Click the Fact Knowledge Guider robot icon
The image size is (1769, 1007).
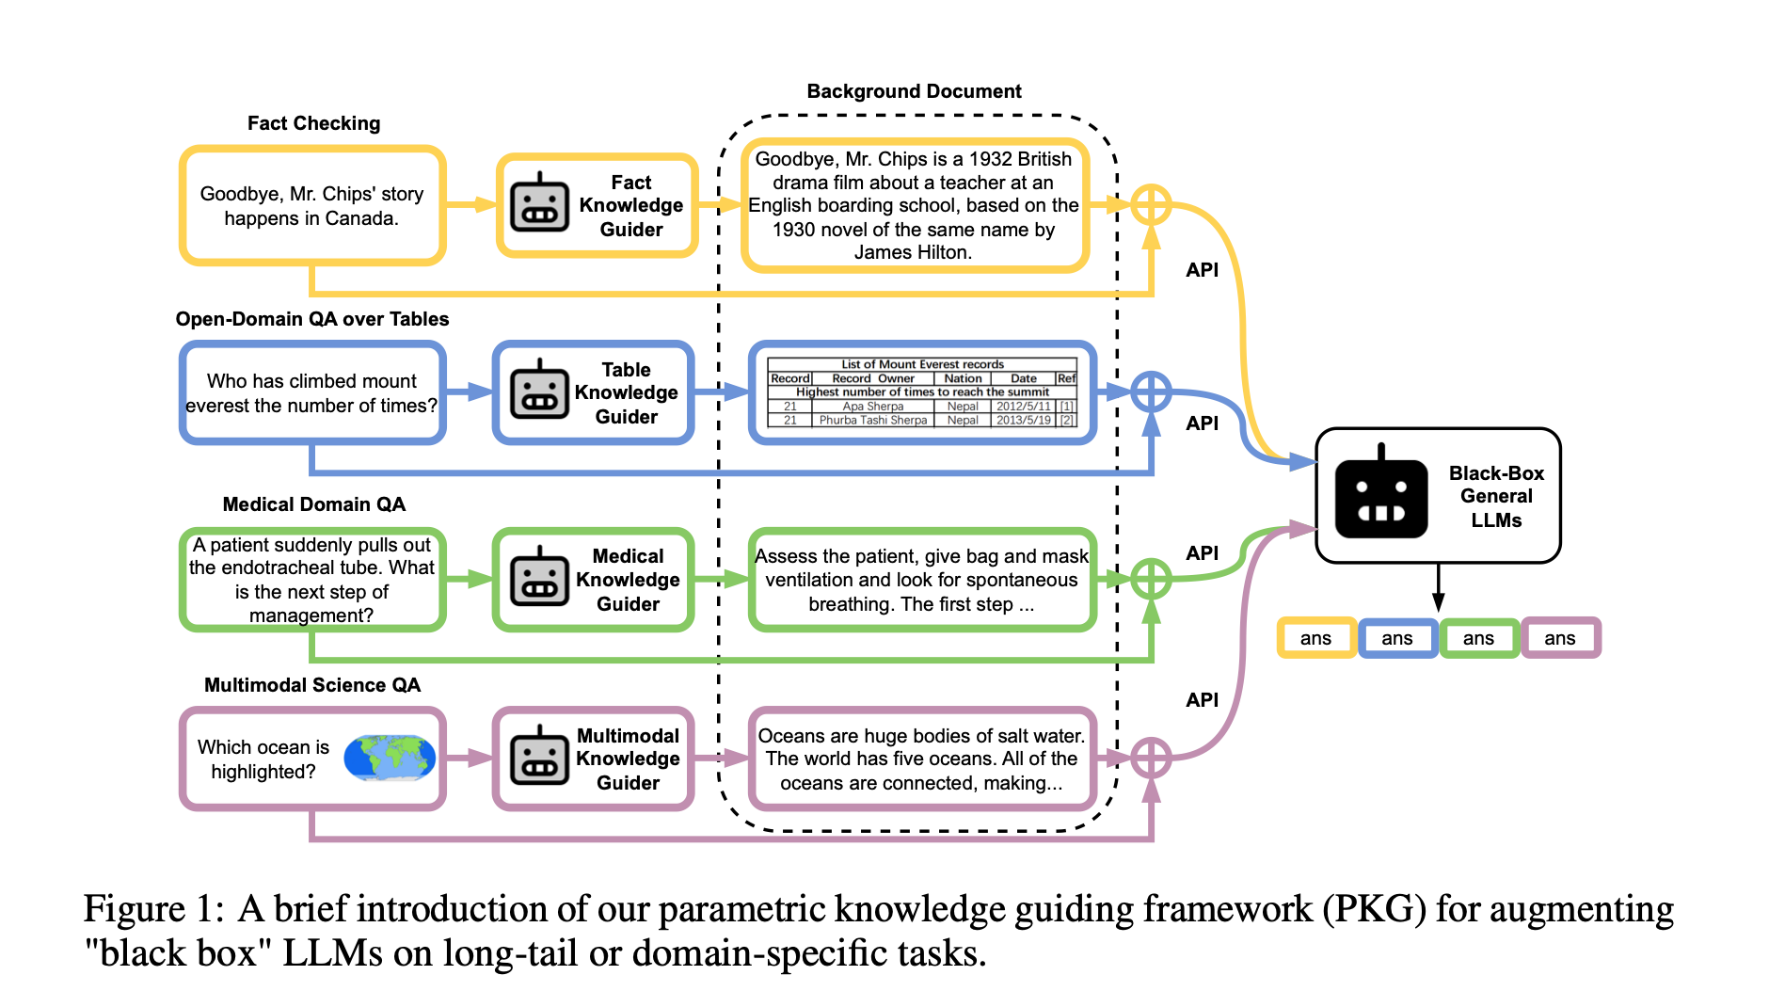(539, 203)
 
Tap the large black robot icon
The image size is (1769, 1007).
(1380, 495)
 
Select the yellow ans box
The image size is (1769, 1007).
(1315, 638)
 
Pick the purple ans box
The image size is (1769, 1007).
(1560, 638)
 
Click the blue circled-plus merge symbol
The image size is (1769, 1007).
(1151, 392)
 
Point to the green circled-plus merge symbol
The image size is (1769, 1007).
(1151, 579)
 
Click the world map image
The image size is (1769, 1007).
(390, 758)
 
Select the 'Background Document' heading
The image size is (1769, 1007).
(914, 91)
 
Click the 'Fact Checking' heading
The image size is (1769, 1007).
(313, 123)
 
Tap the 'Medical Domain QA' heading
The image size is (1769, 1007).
(313, 504)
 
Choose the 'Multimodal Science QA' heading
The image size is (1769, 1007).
(312, 685)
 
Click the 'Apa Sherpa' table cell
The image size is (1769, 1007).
(872, 407)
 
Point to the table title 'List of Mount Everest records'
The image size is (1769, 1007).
(922, 364)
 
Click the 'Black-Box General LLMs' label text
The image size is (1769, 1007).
(1496, 496)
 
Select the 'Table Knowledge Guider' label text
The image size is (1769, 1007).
(626, 392)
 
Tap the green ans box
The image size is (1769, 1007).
(1478, 638)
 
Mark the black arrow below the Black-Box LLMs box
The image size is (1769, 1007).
(1438, 587)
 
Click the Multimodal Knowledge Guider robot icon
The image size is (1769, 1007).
(539, 757)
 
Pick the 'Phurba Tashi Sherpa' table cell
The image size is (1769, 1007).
(872, 420)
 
